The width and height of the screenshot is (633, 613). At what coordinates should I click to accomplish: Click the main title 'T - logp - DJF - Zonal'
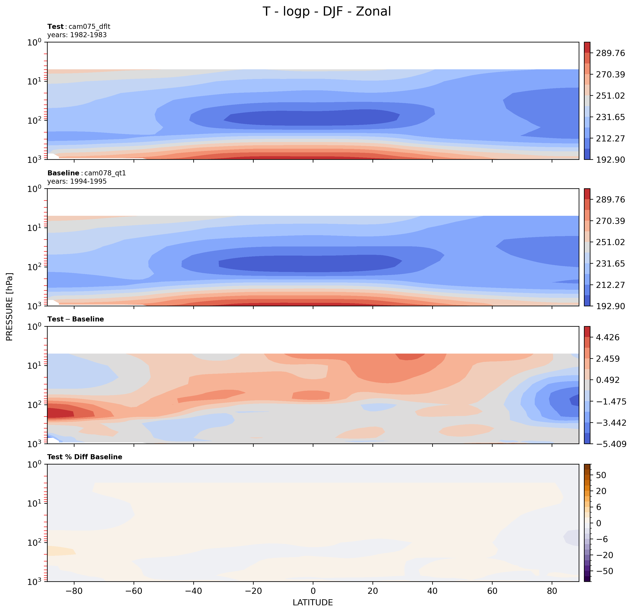click(326, 12)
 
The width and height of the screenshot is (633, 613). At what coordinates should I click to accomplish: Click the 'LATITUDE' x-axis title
click(313, 602)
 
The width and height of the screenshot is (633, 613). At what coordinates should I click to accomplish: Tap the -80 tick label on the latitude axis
click(74, 591)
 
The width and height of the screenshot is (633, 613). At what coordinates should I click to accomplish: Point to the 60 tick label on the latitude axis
click(492, 591)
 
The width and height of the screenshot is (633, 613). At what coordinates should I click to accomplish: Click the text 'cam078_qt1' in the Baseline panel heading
click(105, 173)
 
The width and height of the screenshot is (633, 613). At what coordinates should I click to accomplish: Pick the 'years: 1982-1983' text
click(77, 35)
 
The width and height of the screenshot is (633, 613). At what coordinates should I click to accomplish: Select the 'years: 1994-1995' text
click(77, 181)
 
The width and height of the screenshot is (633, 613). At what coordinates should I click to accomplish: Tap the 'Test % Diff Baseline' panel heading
click(85, 457)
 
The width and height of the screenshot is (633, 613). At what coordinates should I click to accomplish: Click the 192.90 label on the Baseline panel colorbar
click(610, 306)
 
